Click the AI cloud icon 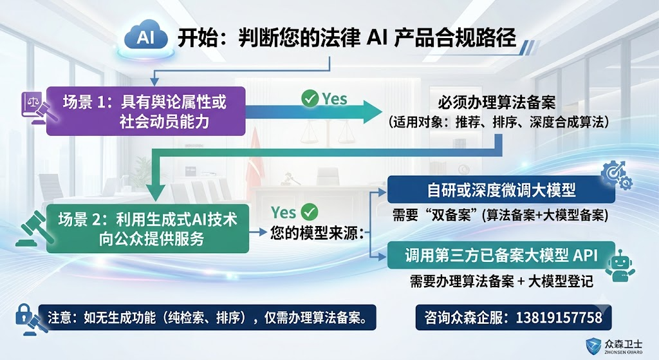coord(145,37)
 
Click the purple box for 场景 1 coord(145,111)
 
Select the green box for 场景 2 coord(147,229)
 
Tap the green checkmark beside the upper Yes coord(310,99)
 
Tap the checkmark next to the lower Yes coord(310,212)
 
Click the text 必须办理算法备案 coord(496,102)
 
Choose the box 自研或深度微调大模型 coord(501,190)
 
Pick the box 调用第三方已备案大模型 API coord(501,255)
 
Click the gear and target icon coord(616,175)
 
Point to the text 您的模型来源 coord(317,232)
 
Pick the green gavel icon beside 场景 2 coord(35,229)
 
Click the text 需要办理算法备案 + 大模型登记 coord(502,281)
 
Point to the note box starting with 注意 coord(207,317)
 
